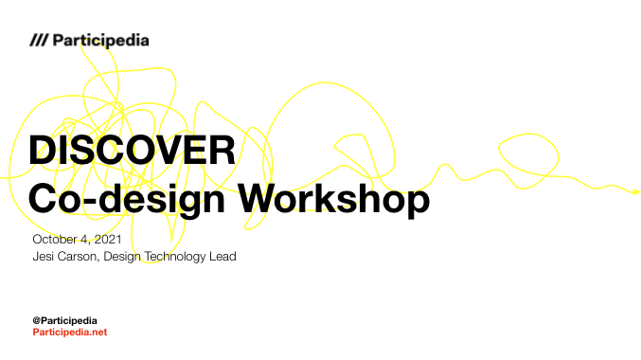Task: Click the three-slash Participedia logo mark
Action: click(x=39, y=41)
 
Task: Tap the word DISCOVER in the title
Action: click(x=132, y=152)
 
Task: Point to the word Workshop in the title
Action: click(x=331, y=199)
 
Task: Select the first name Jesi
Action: click(x=43, y=257)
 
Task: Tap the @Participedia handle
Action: click(x=64, y=320)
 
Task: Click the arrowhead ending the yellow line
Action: click(x=636, y=192)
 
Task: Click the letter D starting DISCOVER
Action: click(x=43, y=152)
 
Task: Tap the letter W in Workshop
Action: click(x=258, y=199)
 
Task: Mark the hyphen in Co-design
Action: click(x=97, y=202)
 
